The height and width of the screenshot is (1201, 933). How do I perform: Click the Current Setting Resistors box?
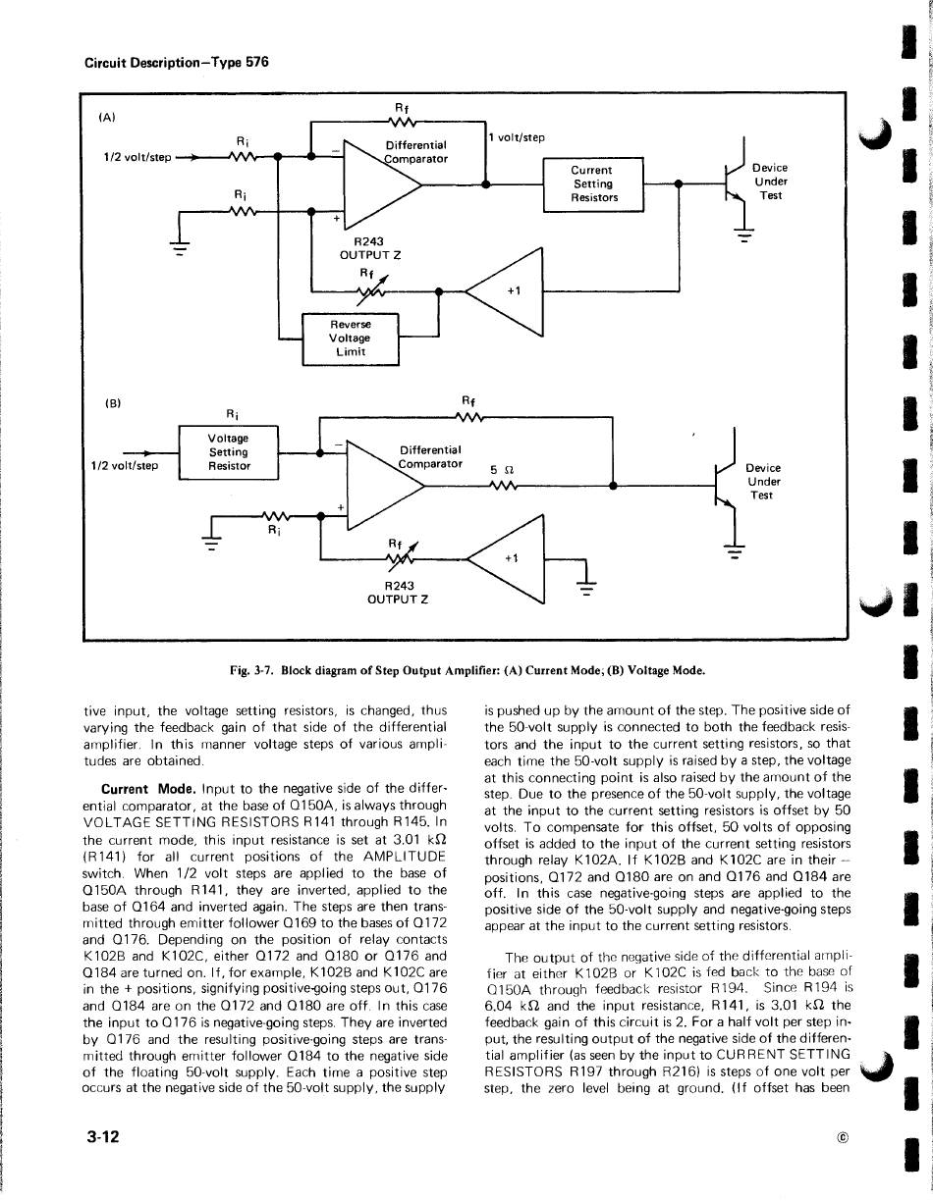(x=593, y=184)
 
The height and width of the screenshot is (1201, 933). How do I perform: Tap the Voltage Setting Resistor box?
(x=229, y=452)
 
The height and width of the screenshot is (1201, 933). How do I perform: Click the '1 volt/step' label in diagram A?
(x=518, y=137)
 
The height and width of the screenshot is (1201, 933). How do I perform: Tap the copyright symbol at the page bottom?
(x=842, y=1138)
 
